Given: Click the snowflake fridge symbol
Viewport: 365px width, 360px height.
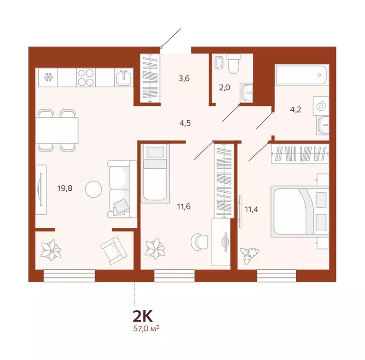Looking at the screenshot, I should click(x=49, y=77).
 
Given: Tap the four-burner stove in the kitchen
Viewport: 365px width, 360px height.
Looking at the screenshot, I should click(x=86, y=77).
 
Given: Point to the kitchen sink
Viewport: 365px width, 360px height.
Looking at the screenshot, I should click(x=124, y=77).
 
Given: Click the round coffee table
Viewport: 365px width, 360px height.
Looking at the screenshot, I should click(x=93, y=189).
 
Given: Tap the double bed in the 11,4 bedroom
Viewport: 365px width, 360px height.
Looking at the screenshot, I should click(x=300, y=211).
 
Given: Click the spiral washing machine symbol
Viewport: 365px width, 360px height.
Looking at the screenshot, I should click(x=322, y=105).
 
